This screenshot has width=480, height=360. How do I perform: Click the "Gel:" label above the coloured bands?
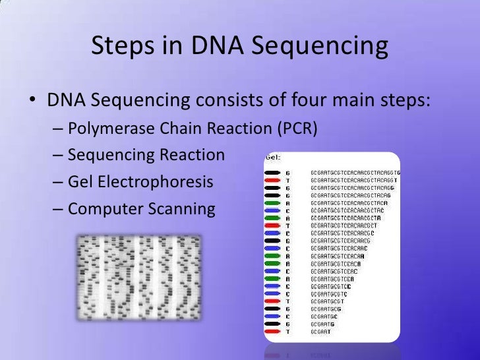pyautogui.click(x=273, y=158)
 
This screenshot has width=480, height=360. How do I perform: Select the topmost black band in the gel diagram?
pyautogui.click(x=273, y=173)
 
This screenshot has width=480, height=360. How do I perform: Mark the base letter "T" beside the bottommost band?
pyautogui.click(x=287, y=332)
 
